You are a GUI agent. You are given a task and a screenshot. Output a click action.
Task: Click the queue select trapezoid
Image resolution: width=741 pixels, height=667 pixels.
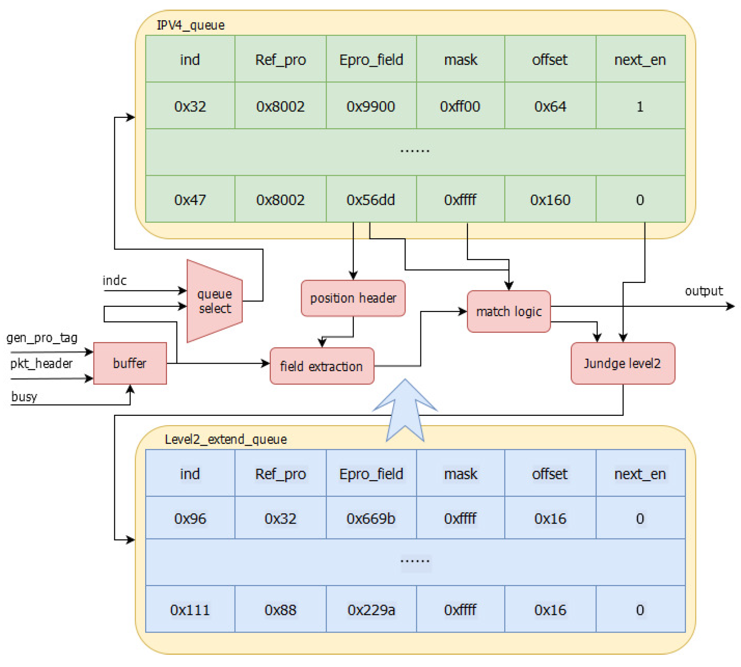pos(214,301)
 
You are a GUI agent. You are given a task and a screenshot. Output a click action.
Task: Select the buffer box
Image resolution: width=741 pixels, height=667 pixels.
pos(130,363)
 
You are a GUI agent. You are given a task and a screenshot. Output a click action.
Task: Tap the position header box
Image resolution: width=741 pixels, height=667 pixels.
pos(353,298)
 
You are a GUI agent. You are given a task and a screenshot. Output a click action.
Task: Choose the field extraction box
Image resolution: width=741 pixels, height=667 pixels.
pos(321,366)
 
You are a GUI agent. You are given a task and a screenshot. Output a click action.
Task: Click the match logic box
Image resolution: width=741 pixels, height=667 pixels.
pos(508,311)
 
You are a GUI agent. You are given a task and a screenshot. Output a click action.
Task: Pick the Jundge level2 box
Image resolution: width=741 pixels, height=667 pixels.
pos(622,363)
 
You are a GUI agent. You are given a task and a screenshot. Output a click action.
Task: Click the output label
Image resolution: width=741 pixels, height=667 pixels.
pos(703,291)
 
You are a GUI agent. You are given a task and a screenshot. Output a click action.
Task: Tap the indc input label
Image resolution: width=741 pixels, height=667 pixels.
pos(115,280)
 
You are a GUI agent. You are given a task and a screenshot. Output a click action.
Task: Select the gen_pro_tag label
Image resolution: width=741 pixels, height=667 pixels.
pos(42,338)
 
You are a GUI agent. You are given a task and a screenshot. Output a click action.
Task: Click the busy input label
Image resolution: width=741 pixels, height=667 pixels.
pos(24,396)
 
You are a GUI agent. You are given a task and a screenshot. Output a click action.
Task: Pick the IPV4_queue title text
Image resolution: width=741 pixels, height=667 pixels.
pos(190,25)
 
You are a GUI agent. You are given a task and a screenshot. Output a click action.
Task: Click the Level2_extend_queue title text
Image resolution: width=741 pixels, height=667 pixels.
pos(225,439)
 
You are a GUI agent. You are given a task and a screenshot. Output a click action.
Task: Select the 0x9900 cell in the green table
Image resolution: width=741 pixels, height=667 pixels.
pos(370,106)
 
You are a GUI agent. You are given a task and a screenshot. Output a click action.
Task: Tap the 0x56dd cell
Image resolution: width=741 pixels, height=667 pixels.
pos(370,200)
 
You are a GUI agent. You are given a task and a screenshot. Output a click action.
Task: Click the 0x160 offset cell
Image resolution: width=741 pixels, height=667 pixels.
pos(550,200)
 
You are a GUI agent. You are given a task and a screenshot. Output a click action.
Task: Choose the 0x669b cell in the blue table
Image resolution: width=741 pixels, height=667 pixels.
pos(370,519)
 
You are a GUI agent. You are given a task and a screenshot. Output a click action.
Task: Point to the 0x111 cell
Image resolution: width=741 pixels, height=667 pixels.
pos(190,610)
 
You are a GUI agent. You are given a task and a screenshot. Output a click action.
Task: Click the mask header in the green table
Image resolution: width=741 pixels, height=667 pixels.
pos(460,59)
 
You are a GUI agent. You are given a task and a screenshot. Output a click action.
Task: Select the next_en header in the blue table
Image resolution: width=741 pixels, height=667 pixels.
pos(640,474)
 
